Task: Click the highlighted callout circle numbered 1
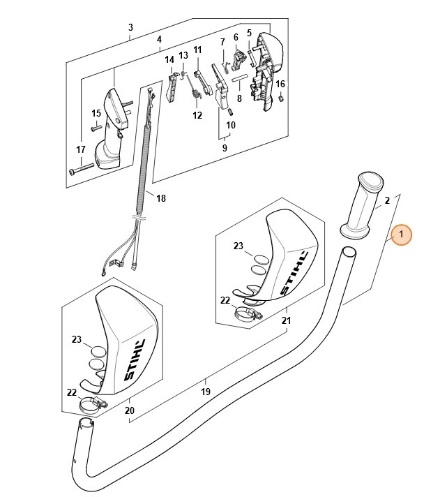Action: pos(401,236)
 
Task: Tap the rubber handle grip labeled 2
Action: pos(362,206)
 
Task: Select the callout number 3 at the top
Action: pos(130,28)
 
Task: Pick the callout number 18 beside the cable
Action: pos(161,198)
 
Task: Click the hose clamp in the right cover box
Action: pos(248,313)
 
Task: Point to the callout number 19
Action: pos(205,392)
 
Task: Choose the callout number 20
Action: pos(129,410)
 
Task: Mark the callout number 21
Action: pos(286,320)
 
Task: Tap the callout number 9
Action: pos(225,148)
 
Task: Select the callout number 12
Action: pos(197,115)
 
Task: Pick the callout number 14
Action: pos(169,60)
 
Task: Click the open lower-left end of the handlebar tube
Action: pos(84,424)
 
